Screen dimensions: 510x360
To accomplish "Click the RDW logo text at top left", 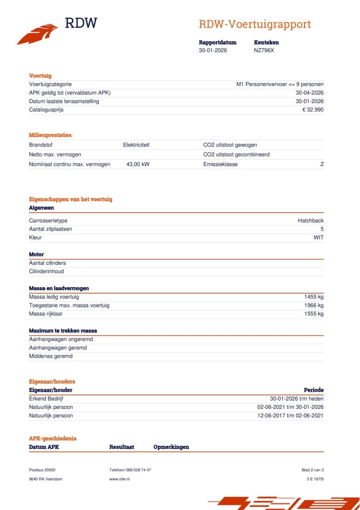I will (81, 23).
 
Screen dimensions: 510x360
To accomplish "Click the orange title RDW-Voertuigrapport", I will (254, 24).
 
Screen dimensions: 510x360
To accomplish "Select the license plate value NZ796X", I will (264, 51).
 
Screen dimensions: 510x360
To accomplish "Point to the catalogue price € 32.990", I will (313, 110).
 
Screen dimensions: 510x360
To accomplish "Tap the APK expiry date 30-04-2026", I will (309, 93).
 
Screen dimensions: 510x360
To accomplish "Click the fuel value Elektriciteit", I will (136, 145).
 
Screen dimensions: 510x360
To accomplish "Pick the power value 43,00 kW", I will (138, 164).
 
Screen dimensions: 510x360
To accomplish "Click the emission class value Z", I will (322, 164).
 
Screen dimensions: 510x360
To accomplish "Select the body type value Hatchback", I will (311, 221).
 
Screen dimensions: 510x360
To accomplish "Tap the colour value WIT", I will (318, 237).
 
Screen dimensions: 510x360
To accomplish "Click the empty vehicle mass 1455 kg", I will (314, 297).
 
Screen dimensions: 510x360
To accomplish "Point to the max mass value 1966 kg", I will (314, 305).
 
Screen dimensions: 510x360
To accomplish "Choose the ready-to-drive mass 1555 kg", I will (314, 314).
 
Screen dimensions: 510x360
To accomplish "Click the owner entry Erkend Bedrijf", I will (46, 399).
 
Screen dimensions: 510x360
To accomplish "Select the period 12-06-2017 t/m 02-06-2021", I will (290, 416).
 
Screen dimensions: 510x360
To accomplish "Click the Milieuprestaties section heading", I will (50, 135).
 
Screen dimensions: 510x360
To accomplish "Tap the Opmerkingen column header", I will (171, 447).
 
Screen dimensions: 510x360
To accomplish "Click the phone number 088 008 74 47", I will (137, 470).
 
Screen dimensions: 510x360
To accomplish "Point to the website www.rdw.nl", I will (119, 479).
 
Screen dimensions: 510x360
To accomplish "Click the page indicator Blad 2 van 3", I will (313, 470).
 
